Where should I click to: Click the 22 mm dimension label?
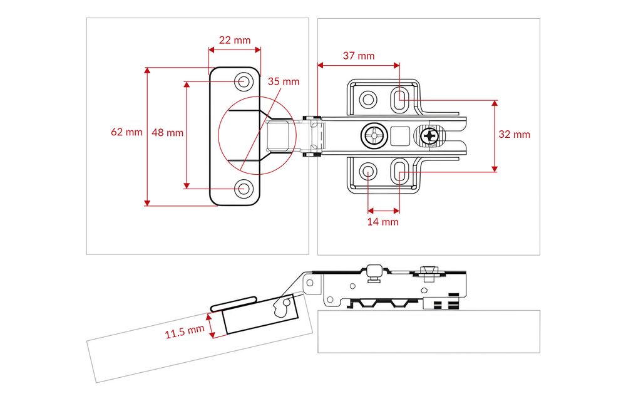coord(234,40)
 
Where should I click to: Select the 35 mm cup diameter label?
coord(284,81)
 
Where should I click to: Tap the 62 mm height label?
coord(126,132)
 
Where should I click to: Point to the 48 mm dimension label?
coord(167,132)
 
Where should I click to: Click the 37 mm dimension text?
coord(359,55)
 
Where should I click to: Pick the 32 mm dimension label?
coord(514,134)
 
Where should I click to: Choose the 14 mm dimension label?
coord(382,221)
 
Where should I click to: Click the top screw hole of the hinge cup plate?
coord(244,81)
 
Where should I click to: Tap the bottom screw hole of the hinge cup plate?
coord(244,187)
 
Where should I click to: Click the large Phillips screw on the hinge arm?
coord(374,135)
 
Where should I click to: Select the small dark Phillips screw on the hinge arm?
coord(431,135)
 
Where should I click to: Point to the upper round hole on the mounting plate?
coord(368,98)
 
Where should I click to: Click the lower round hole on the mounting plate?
coord(368,171)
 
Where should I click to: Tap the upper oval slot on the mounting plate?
coord(399,98)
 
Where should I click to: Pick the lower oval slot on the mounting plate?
coord(399,170)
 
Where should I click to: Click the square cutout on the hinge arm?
coord(399,135)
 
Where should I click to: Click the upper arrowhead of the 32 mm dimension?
coord(495,103)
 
